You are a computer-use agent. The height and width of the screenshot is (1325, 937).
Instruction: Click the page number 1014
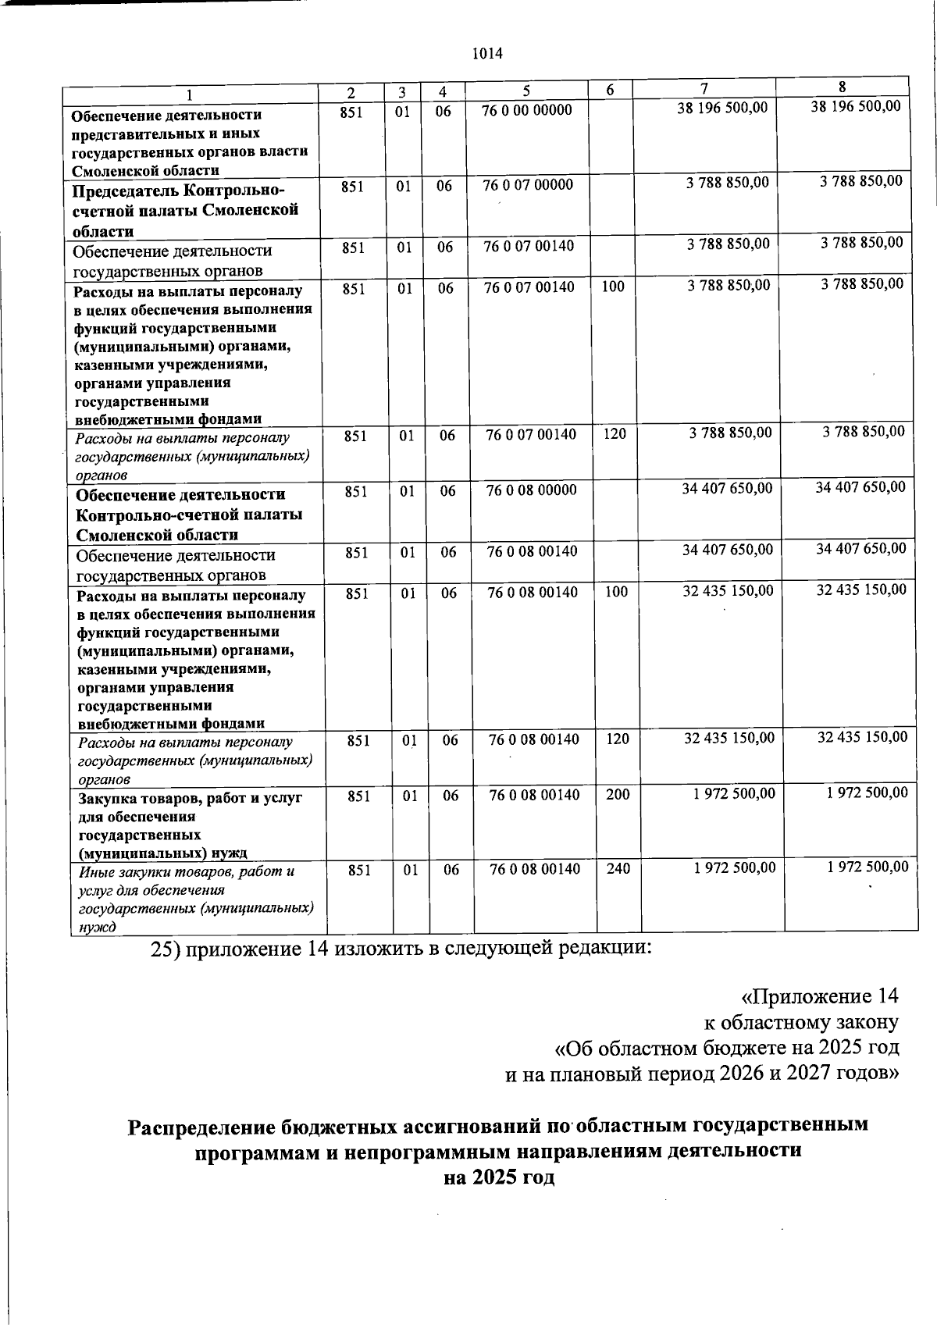coord(487,54)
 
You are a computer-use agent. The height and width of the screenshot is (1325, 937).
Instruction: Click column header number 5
coord(527,90)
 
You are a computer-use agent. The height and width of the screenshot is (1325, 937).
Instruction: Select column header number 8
coord(843,87)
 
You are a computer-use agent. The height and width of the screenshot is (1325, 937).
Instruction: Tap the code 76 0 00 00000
coord(527,110)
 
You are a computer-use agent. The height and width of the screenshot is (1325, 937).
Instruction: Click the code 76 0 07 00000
coord(528,185)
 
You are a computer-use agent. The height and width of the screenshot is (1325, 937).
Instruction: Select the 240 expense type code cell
coord(618,868)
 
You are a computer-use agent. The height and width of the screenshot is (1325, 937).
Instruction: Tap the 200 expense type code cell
coord(618,795)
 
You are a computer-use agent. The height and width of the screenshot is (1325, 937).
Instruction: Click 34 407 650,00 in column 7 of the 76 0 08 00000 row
coord(727,488)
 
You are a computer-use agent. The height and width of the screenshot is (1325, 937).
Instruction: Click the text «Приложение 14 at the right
coord(819,996)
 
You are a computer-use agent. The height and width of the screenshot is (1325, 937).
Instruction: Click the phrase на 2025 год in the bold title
coord(499,1177)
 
